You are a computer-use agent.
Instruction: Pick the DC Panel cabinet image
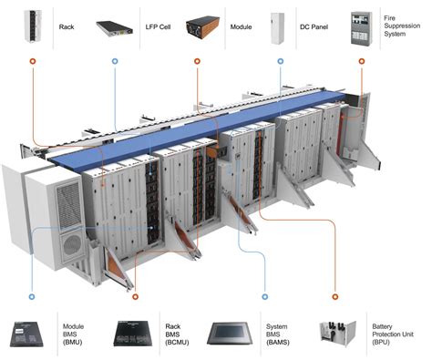(280, 27)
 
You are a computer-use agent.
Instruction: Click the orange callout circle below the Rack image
(32, 64)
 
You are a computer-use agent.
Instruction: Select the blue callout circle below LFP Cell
(114, 64)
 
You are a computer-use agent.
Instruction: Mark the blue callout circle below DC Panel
(280, 64)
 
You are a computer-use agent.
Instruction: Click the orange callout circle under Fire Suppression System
(362, 64)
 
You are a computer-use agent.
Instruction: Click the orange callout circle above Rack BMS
(135, 296)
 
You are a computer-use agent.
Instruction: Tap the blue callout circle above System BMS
(264, 296)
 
